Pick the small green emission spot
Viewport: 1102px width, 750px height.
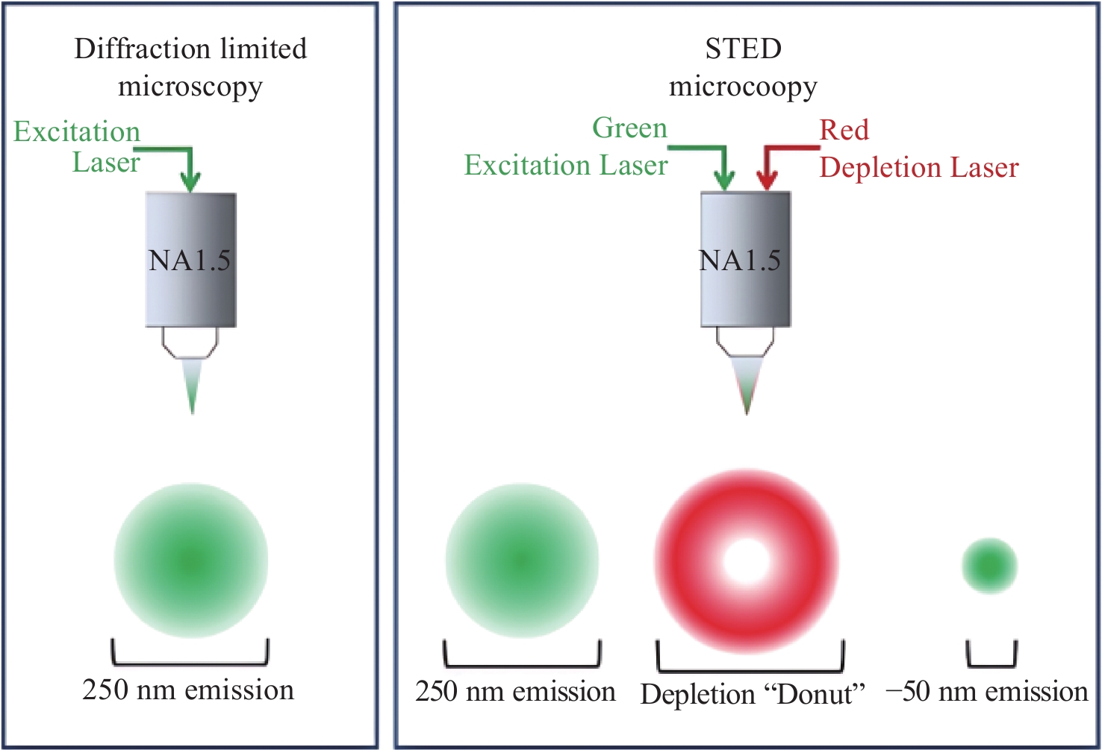pos(989,566)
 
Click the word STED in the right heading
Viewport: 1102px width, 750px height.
pos(744,49)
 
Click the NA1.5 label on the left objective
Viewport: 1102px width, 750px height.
pos(190,260)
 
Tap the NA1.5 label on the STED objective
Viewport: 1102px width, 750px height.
pos(740,260)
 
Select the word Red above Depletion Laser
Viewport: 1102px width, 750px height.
pos(844,131)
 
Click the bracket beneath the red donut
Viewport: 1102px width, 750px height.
pos(750,669)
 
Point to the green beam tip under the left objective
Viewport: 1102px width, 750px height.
pos(192,413)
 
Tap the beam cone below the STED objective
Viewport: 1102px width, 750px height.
pos(747,386)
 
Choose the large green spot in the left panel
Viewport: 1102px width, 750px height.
pos(191,560)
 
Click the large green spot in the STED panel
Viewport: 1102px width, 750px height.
pos(522,560)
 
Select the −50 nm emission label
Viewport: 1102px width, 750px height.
pos(987,691)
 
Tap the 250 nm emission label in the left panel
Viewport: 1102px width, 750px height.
pos(188,690)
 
